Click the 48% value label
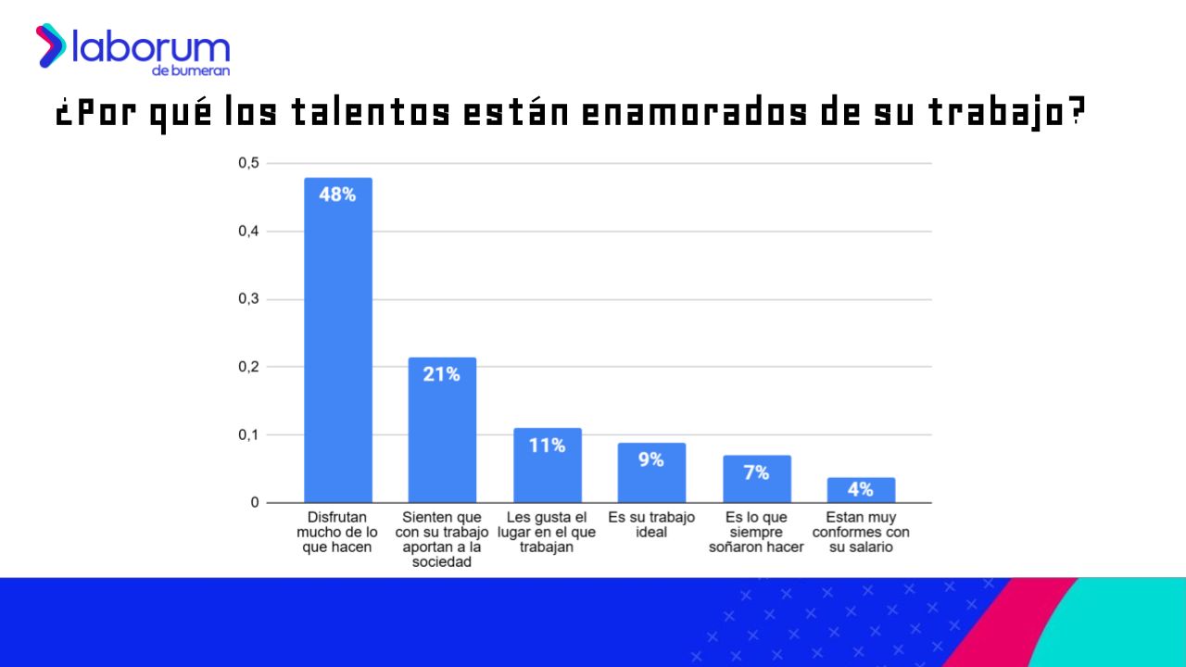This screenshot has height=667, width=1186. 337,195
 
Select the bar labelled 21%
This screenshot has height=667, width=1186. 442,430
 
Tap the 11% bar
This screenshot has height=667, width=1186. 548,465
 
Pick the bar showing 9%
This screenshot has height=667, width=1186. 651,472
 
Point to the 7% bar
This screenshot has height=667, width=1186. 757,479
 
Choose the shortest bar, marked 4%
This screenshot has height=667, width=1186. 862,490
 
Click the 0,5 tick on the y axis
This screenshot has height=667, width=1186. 249,163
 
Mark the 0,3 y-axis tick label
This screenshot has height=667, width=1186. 249,299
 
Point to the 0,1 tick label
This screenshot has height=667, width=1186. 249,435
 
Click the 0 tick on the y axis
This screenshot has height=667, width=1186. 255,503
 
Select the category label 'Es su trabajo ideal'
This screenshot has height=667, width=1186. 651,524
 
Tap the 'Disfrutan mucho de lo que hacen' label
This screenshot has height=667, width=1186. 336,532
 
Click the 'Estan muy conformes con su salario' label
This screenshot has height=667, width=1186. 861,532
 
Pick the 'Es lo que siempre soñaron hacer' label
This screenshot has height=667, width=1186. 756,532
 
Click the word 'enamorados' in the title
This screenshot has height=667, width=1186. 695,112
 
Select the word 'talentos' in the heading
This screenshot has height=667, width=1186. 372,112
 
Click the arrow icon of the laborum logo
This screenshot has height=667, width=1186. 51,45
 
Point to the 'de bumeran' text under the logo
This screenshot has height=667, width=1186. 191,70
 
